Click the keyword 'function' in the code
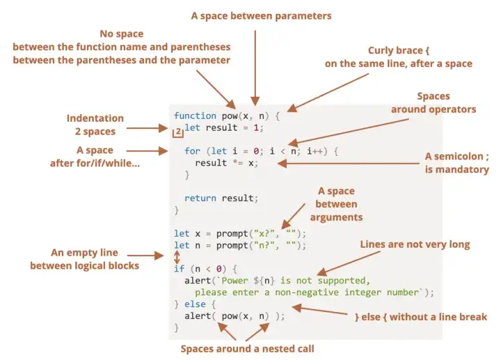click(x=195, y=116)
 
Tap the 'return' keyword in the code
click(x=200, y=198)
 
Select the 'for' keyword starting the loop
click(x=192, y=151)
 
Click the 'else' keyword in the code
click(x=195, y=304)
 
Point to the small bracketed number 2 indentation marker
click(x=178, y=132)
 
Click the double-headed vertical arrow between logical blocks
click(x=177, y=257)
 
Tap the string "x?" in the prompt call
click(x=264, y=233)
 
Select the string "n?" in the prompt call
click(x=264, y=245)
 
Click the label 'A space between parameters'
click(x=261, y=16)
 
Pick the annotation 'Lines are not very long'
click(x=415, y=244)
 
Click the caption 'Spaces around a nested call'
click(x=247, y=348)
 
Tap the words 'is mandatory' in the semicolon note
click(x=457, y=169)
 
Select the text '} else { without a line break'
click(x=421, y=317)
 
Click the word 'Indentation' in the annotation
click(x=95, y=118)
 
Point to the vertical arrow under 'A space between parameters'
click(x=255, y=68)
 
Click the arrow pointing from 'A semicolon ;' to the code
click(x=349, y=164)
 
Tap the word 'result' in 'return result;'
click(x=238, y=198)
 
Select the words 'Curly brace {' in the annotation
click(x=399, y=51)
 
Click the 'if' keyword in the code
click(x=180, y=269)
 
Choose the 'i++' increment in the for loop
click(x=315, y=151)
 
